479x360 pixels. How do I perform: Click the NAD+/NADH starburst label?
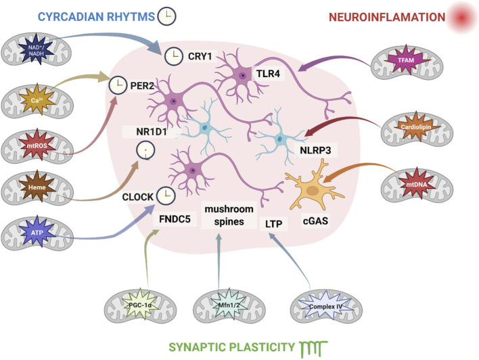(37, 51)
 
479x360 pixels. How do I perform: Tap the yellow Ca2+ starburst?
(37, 99)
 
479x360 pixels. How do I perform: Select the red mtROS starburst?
(37, 145)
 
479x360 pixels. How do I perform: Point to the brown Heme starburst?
(37, 187)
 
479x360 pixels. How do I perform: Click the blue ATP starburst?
(37, 232)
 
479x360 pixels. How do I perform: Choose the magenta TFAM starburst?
(406, 60)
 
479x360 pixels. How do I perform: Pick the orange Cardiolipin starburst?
(416, 127)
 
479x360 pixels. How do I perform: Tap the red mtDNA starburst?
(416, 184)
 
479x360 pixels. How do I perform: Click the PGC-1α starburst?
(141, 305)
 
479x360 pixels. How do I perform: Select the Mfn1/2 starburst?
(229, 305)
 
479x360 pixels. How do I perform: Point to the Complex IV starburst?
(325, 307)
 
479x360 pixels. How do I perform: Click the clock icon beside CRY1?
(174, 57)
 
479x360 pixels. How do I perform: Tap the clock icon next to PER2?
(118, 85)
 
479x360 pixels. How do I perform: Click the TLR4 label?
(268, 74)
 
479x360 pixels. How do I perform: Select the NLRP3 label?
(315, 150)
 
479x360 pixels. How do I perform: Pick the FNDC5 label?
(175, 219)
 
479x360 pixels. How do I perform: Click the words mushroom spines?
(229, 215)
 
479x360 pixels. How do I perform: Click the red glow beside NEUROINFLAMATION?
(461, 18)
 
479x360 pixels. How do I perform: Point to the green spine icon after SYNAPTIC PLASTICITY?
(313, 348)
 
